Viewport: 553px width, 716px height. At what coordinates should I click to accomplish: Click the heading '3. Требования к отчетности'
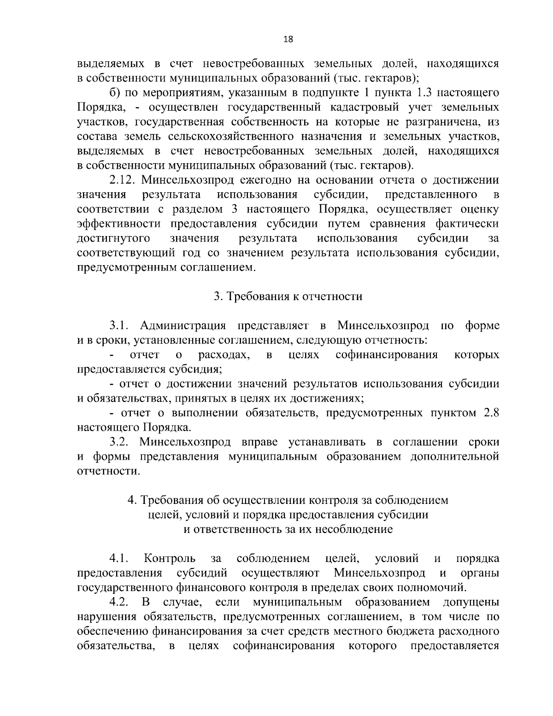pyautogui.click(x=288, y=296)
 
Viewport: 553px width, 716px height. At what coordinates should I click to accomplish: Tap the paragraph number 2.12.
pyautogui.click(x=121, y=180)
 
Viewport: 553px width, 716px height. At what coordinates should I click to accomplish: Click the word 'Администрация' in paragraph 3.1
pyautogui.click(x=182, y=326)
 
